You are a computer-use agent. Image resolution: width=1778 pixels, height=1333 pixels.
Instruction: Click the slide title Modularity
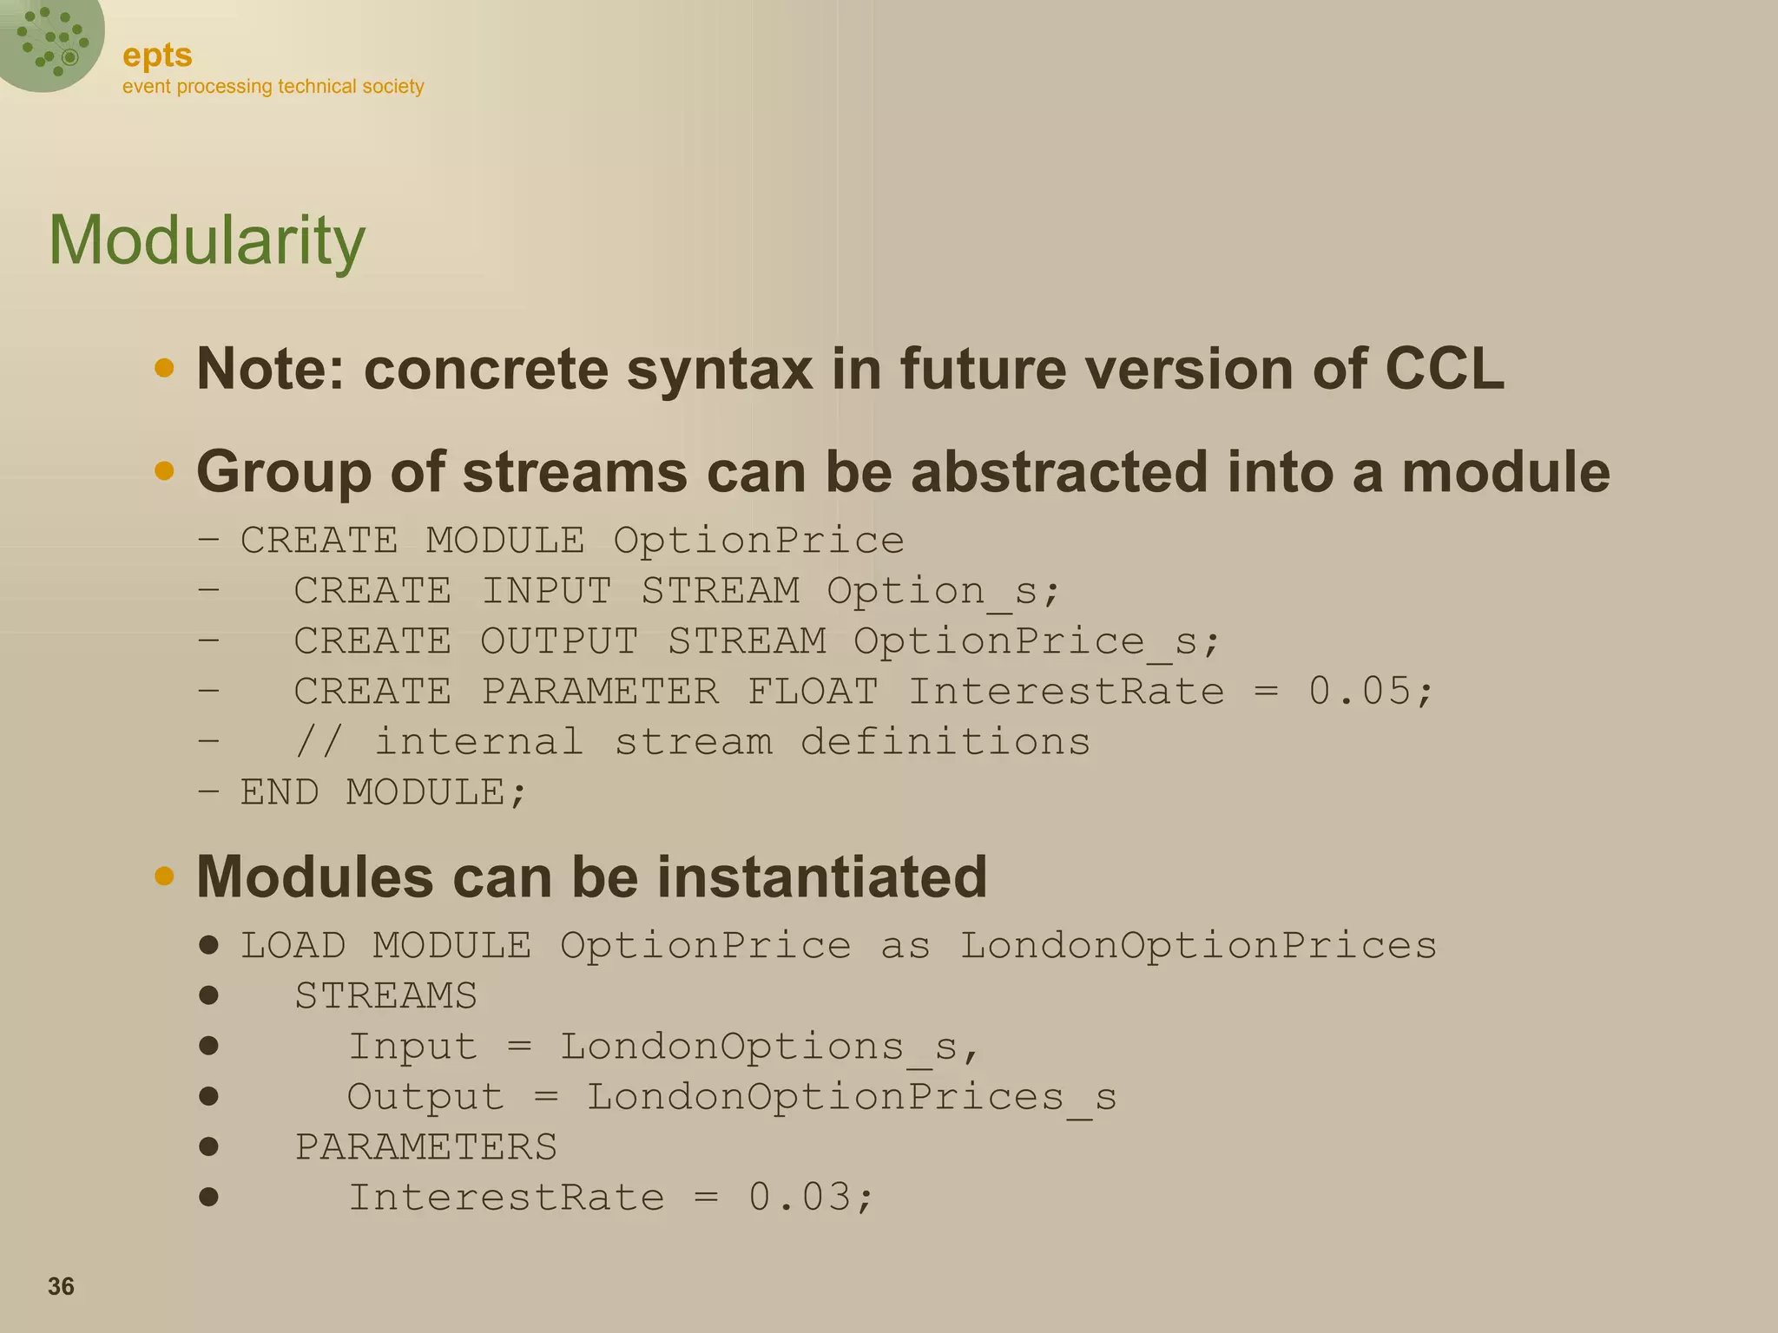[x=207, y=240]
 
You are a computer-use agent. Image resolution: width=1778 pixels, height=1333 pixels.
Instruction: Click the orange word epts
[x=157, y=56]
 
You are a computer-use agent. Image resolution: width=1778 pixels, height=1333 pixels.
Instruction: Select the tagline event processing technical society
[x=273, y=87]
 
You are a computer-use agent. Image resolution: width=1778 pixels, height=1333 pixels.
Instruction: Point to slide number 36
[x=61, y=1286]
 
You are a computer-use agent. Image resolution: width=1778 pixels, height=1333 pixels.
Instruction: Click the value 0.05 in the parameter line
[x=1360, y=692]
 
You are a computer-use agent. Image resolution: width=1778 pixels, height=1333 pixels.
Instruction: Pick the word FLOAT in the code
[x=813, y=692]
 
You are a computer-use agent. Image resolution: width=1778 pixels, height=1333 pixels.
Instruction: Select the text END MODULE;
[x=383, y=792]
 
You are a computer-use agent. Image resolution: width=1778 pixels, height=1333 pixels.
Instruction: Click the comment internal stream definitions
[x=731, y=742]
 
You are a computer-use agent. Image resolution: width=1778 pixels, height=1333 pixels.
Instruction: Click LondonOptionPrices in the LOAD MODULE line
[x=1197, y=945]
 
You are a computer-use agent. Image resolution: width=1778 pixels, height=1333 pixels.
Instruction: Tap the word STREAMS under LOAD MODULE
[x=385, y=995]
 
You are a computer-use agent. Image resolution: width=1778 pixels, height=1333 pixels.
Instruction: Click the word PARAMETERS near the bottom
[x=425, y=1147]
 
